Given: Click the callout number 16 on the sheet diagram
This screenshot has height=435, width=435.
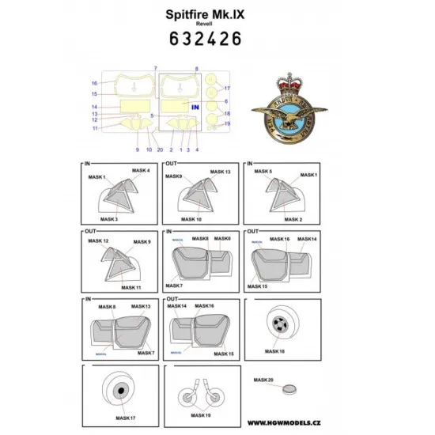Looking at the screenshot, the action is tap(94, 83).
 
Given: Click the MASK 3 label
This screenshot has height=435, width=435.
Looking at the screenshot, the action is tap(109, 217).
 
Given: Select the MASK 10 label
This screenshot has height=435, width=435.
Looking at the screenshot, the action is tap(191, 217).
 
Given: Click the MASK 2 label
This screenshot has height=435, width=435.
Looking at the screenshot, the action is tap(271, 218).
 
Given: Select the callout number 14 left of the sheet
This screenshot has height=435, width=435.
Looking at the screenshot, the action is tap(94, 107).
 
